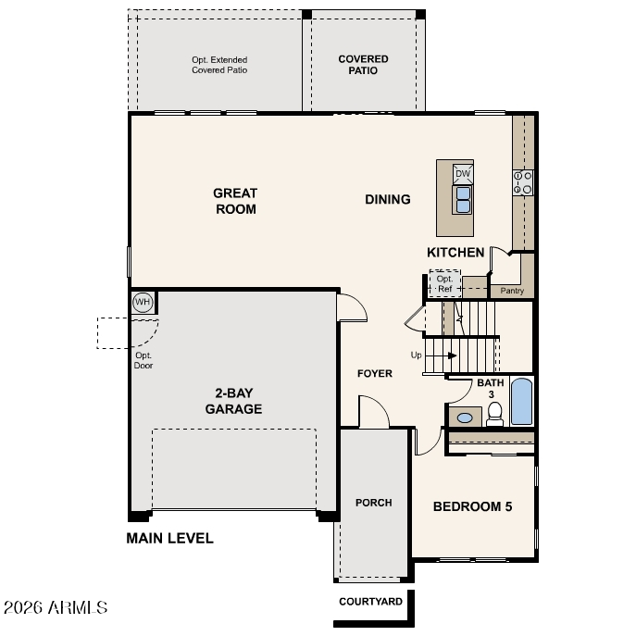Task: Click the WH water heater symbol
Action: [143, 302]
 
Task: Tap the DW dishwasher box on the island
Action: [463, 174]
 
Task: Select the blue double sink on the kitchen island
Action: [463, 200]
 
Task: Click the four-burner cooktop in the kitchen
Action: [523, 183]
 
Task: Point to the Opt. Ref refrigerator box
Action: [445, 283]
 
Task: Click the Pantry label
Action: [512, 291]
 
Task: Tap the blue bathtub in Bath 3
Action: [521, 402]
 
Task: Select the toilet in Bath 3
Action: [494, 414]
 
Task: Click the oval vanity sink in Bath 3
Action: [465, 418]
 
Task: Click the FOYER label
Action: [375, 373]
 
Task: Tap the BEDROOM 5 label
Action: [472, 506]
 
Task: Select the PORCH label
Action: [374, 503]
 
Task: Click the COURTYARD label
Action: [370, 601]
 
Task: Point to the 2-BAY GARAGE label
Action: [233, 401]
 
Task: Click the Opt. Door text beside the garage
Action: [143, 360]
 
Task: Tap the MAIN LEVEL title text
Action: [170, 538]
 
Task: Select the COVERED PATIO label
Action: [364, 65]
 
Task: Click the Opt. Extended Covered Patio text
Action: [219, 65]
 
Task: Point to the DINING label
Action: [388, 199]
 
